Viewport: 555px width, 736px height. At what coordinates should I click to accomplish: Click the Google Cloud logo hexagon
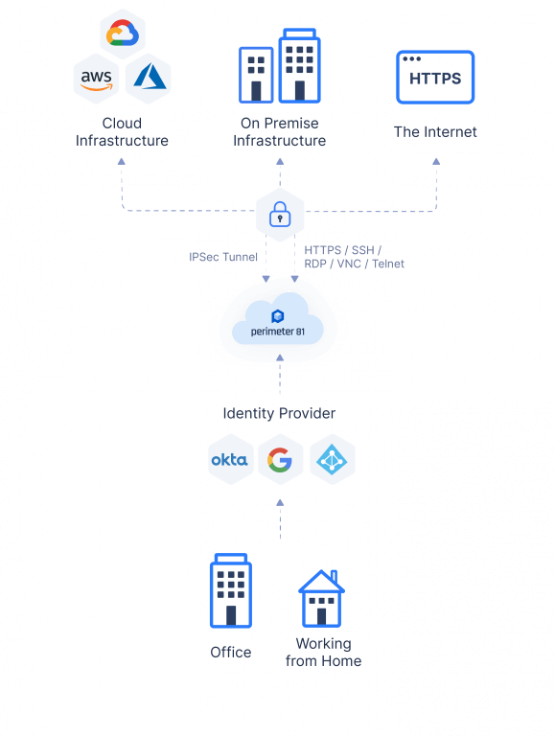[122, 35]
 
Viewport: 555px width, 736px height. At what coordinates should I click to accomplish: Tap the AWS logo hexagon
[97, 79]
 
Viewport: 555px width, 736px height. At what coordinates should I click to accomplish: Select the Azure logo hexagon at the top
[148, 79]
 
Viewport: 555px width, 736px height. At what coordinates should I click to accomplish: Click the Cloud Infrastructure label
[122, 132]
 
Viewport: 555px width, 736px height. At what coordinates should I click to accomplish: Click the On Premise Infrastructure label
[279, 132]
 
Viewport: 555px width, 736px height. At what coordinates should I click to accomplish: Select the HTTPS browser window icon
[435, 78]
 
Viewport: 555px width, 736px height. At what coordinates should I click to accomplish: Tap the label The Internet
[435, 131]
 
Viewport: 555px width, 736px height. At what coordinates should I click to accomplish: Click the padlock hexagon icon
[280, 215]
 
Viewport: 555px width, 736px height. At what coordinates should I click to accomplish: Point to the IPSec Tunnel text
[223, 257]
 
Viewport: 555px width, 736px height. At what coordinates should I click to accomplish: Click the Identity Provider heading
[279, 413]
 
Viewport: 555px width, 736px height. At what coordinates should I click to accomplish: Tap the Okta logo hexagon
[230, 460]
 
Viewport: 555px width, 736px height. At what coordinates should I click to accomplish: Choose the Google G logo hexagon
[280, 460]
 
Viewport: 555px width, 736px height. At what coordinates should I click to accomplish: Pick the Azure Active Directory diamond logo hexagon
[332, 460]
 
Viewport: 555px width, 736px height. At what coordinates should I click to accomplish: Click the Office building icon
[230, 591]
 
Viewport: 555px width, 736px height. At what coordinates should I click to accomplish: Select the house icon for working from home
[321, 598]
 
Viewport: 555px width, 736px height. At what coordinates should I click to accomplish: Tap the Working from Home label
[323, 652]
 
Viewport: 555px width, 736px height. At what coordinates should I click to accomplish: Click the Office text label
[230, 653]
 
